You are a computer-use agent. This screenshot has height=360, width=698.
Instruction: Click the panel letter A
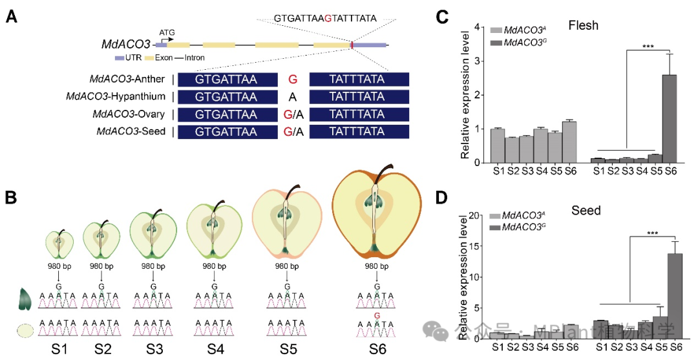[12, 17]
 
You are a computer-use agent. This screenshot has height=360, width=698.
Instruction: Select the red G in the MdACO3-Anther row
[293, 80]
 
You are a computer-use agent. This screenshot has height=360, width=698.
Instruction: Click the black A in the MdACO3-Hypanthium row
[293, 98]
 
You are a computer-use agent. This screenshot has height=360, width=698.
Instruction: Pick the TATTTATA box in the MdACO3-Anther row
[359, 80]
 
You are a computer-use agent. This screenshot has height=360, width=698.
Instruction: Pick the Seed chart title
[586, 211]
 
